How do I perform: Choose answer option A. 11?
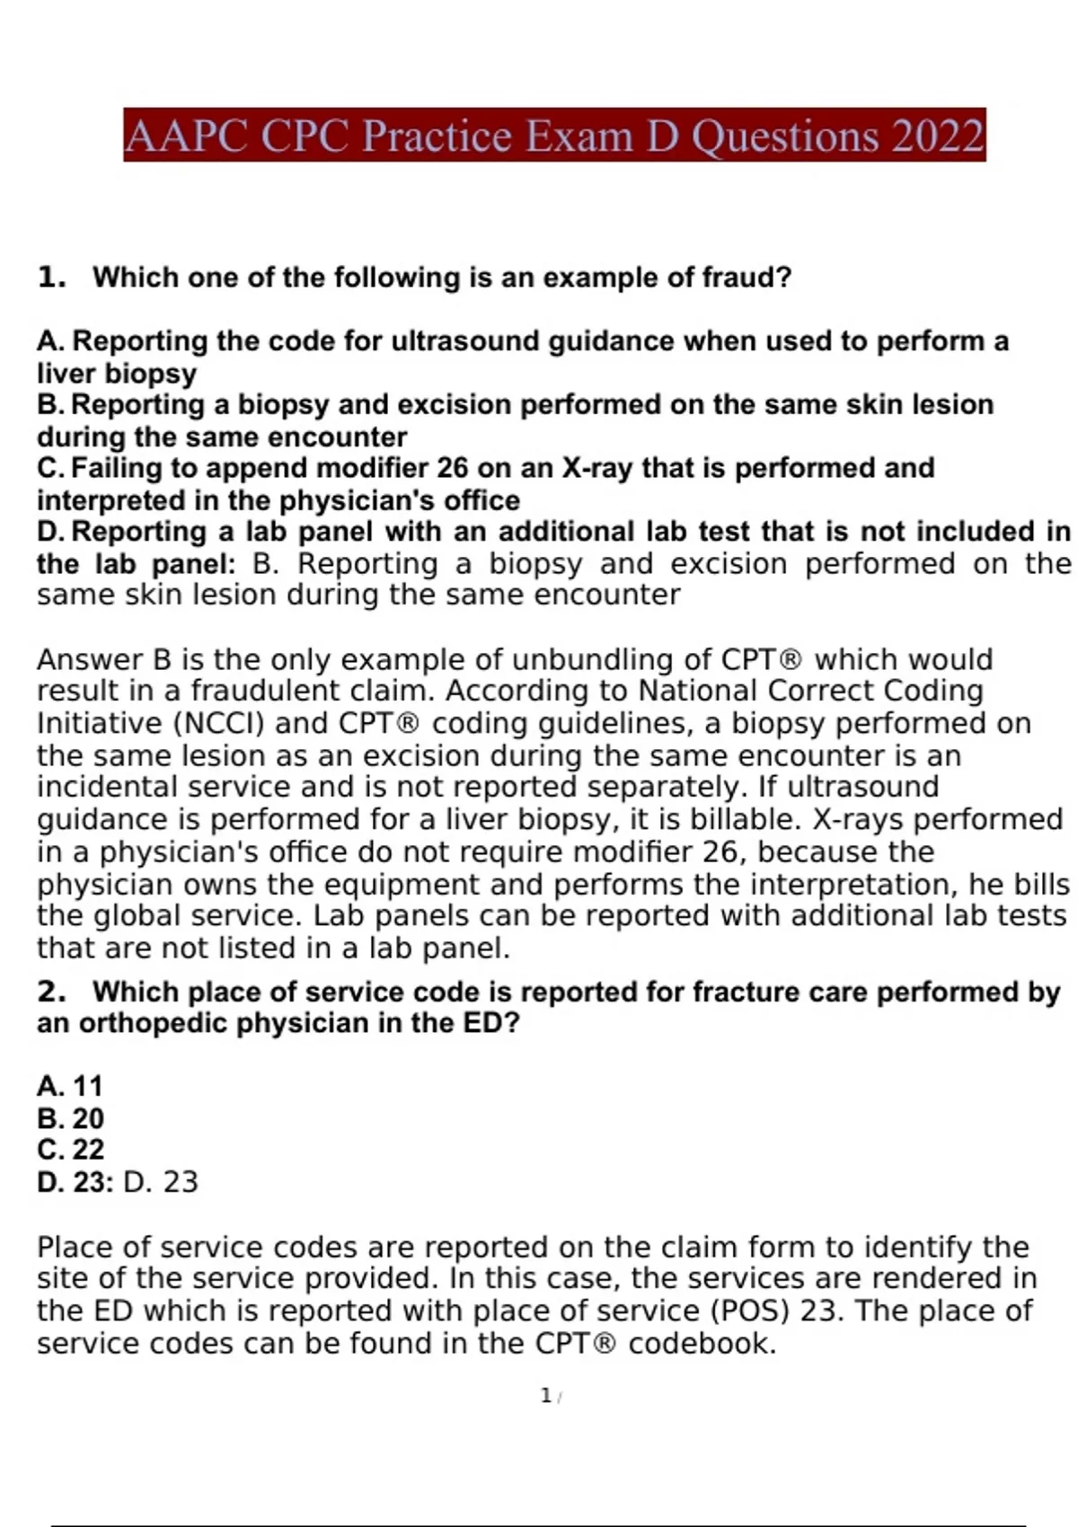pos(70,1086)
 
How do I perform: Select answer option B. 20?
pos(70,1118)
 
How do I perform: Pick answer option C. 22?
pos(70,1150)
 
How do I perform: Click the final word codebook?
pos(702,1343)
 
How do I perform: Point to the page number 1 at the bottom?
pos(545,1395)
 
